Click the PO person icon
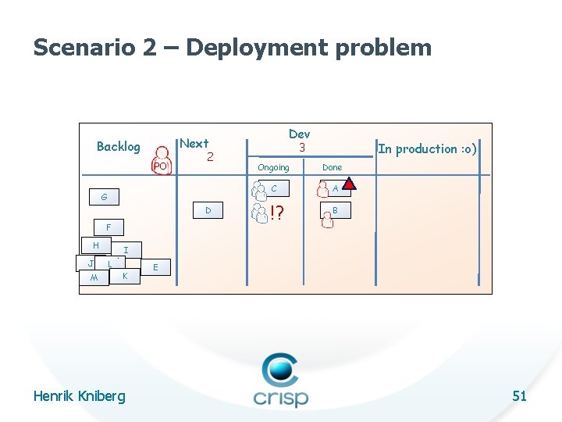161,160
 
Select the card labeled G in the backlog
105,197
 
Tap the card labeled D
208,210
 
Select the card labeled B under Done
335,210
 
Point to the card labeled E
156,267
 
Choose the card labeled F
108,227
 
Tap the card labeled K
125,276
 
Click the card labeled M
94,278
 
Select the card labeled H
95,245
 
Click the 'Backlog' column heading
118,146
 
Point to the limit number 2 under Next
210,157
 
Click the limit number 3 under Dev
300,147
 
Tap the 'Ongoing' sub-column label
273,167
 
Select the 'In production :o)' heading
427,148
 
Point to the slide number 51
519,396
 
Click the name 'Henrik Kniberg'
79,396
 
